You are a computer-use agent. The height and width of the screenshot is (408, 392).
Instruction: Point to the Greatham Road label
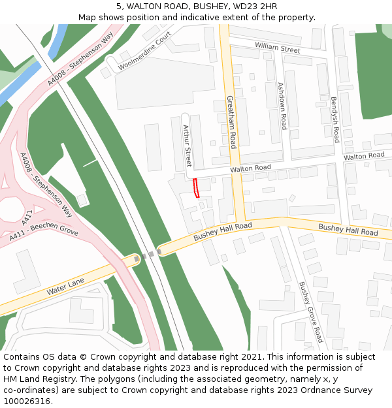(231, 122)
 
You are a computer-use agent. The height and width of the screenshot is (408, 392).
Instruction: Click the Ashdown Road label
(282, 106)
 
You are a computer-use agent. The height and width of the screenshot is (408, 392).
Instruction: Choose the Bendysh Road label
(335, 120)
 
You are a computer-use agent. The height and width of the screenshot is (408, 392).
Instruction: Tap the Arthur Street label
(188, 146)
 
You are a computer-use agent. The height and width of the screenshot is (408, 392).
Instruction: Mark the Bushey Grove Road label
(311, 311)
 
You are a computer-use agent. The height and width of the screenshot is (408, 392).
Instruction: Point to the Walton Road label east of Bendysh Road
(364, 156)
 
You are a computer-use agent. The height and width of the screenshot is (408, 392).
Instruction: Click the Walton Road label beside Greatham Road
(250, 168)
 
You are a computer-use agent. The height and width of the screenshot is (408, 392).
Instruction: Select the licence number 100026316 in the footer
(26, 401)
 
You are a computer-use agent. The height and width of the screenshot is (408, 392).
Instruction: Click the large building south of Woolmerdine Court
(165, 82)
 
